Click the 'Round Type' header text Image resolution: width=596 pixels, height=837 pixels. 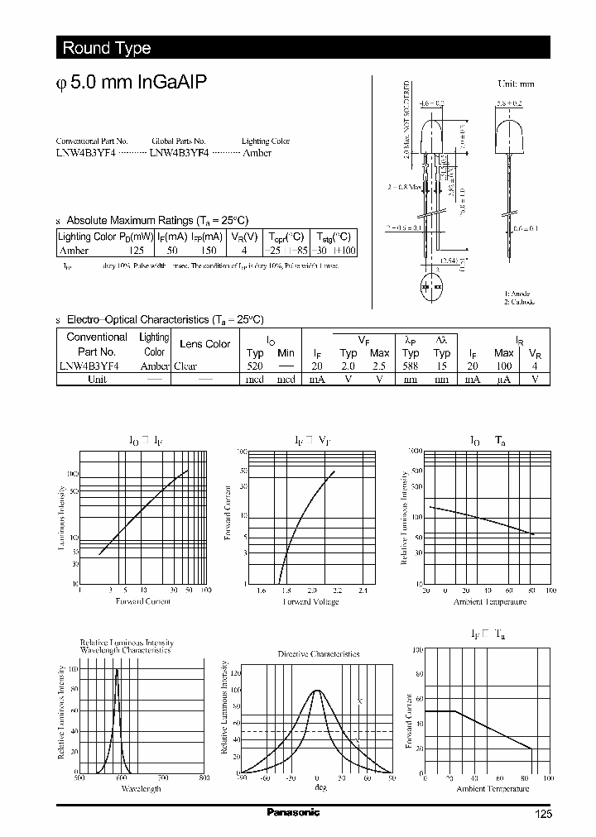point(106,48)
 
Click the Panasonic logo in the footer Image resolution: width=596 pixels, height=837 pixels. point(292,812)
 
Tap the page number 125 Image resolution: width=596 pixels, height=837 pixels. point(542,815)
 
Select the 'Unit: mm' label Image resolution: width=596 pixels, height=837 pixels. point(516,84)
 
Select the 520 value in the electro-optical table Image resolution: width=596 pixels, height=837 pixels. point(255,366)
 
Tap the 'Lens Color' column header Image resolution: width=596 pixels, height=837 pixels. point(204,344)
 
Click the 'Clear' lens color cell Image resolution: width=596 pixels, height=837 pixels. point(185,366)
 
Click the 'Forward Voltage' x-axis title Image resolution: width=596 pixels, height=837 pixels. point(310,602)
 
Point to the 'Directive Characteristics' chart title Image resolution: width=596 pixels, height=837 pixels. point(318,653)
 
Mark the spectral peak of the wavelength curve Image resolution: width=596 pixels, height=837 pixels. point(117,669)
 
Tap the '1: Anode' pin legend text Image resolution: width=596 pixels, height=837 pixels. point(517,294)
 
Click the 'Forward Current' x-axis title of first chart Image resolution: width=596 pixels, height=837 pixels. point(143,601)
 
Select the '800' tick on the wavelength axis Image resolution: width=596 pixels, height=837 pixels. point(204,777)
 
